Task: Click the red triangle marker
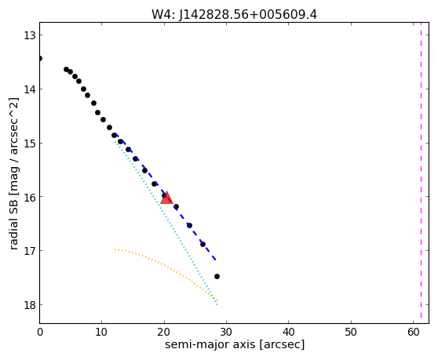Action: pos(166,198)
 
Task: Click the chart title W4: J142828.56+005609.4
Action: pos(234,14)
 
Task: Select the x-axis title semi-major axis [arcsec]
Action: pos(235,344)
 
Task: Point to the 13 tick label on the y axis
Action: pos(29,35)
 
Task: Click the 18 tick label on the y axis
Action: pos(29,305)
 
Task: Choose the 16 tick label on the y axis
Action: pos(29,197)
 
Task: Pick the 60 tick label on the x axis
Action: pos(413,333)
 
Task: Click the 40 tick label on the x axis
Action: pos(289,333)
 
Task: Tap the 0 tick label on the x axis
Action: pos(40,333)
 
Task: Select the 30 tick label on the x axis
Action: pos(226,333)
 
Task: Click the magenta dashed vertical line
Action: pos(421,173)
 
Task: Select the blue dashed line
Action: pos(165,196)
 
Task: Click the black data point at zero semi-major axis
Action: pos(40,58)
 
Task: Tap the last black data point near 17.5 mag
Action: pos(217,277)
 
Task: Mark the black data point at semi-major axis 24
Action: pos(189,225)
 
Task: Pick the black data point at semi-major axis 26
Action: pos(203,245)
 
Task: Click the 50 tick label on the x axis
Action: pos(351,333)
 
